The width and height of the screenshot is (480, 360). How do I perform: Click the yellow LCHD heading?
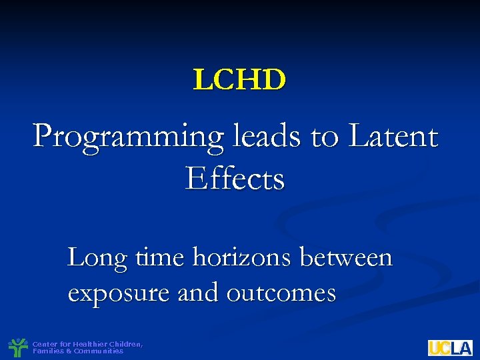[x=239, y=80]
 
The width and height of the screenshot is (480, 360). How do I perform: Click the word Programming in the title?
[x=127, y=138]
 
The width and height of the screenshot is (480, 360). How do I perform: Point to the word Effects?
[x=235, y=178]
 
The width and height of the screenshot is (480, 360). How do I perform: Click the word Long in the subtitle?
[x=97, y=257]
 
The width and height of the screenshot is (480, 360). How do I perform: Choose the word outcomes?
[x=281, y=293]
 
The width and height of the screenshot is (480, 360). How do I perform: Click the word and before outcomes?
[x=199, y=292]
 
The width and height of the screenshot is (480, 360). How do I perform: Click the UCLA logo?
[x=450, y=347]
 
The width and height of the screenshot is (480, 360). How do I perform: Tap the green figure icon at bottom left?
[x=17, y=347]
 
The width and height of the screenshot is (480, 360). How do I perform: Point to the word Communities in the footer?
[x=99, y=351]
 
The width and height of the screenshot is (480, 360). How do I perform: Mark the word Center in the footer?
[x=44, y=344]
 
